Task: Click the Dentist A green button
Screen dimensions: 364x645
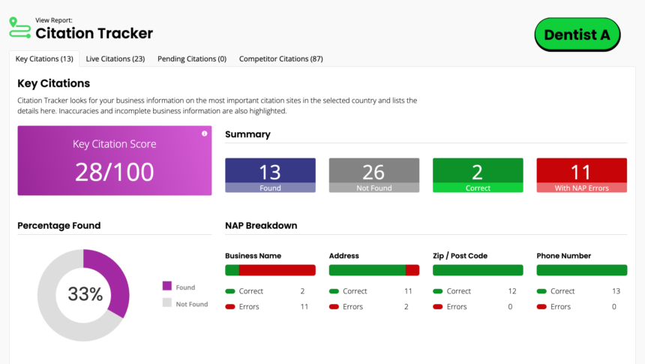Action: (577, 35)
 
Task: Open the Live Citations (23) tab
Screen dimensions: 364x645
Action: (115, 59)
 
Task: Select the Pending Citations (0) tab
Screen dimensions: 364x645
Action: (192, 59)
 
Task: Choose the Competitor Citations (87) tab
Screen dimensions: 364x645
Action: (280, 59)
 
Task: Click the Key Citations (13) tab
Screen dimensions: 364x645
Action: (44, 59)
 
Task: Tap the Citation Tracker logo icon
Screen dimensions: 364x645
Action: (19, 29)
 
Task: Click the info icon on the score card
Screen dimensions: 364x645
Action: (204, 134)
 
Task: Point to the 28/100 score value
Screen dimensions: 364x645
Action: (115, 172)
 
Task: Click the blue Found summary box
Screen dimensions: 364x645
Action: (270, 175)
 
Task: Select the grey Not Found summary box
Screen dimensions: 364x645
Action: (373, 175)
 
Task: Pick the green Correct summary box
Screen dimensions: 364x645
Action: (478, 175)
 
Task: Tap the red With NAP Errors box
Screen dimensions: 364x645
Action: (581, 175)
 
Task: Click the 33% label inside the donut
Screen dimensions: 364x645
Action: (85, 294)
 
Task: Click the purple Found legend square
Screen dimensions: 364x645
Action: (166, 286)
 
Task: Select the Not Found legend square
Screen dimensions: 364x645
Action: (166, 303)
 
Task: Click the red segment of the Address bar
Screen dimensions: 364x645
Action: (412, 270)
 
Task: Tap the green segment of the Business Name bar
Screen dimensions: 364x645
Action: (232, 270)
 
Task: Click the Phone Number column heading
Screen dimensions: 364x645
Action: (563, 256)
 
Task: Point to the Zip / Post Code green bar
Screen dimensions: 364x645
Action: (478, 270)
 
